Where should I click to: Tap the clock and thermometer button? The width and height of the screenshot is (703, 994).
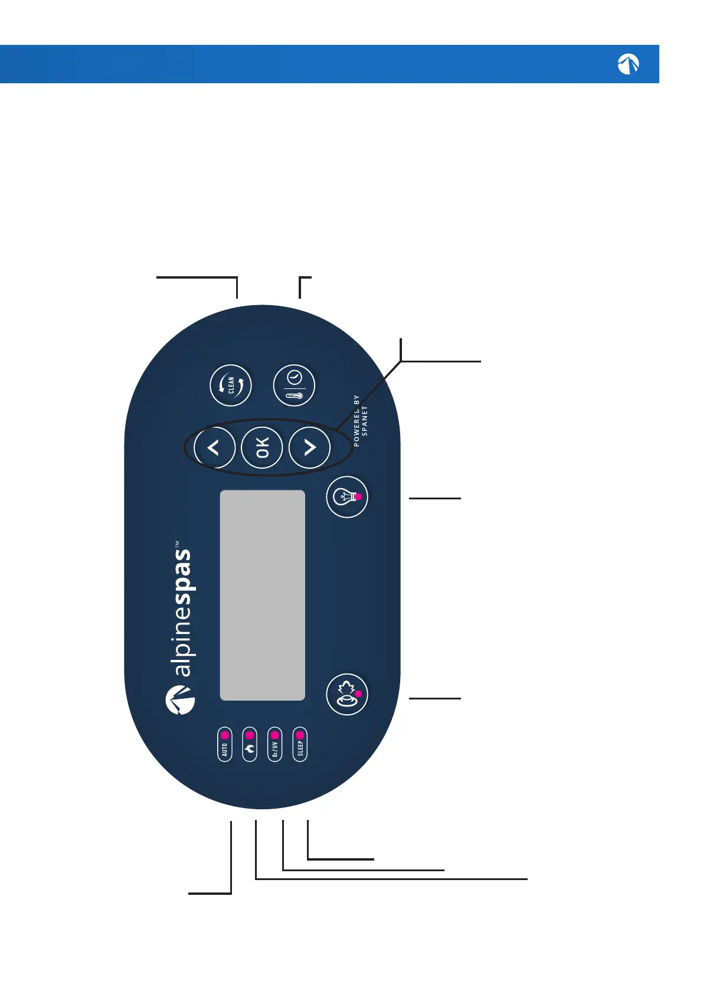pos(294,385)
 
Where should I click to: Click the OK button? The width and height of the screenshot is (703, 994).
pos(262,447)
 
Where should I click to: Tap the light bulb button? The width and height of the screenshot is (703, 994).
pos(347,497)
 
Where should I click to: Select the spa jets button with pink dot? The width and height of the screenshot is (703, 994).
pos(347,694)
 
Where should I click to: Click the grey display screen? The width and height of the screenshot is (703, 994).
pos(262,595)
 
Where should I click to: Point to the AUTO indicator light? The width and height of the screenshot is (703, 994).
pos(225,735)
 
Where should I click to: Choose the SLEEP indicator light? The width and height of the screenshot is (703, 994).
pos(300,735)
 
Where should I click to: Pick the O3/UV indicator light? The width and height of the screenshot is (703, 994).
pos(274,735)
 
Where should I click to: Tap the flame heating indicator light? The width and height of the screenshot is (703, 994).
pos(250,735)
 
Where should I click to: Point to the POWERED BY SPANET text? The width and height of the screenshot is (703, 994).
pos(360,421)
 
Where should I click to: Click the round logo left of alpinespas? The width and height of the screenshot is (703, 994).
pos(180,700)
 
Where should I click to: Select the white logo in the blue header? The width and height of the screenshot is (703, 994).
pos(628,64)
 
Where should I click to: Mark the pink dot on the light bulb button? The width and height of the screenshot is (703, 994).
pos(358,497)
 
